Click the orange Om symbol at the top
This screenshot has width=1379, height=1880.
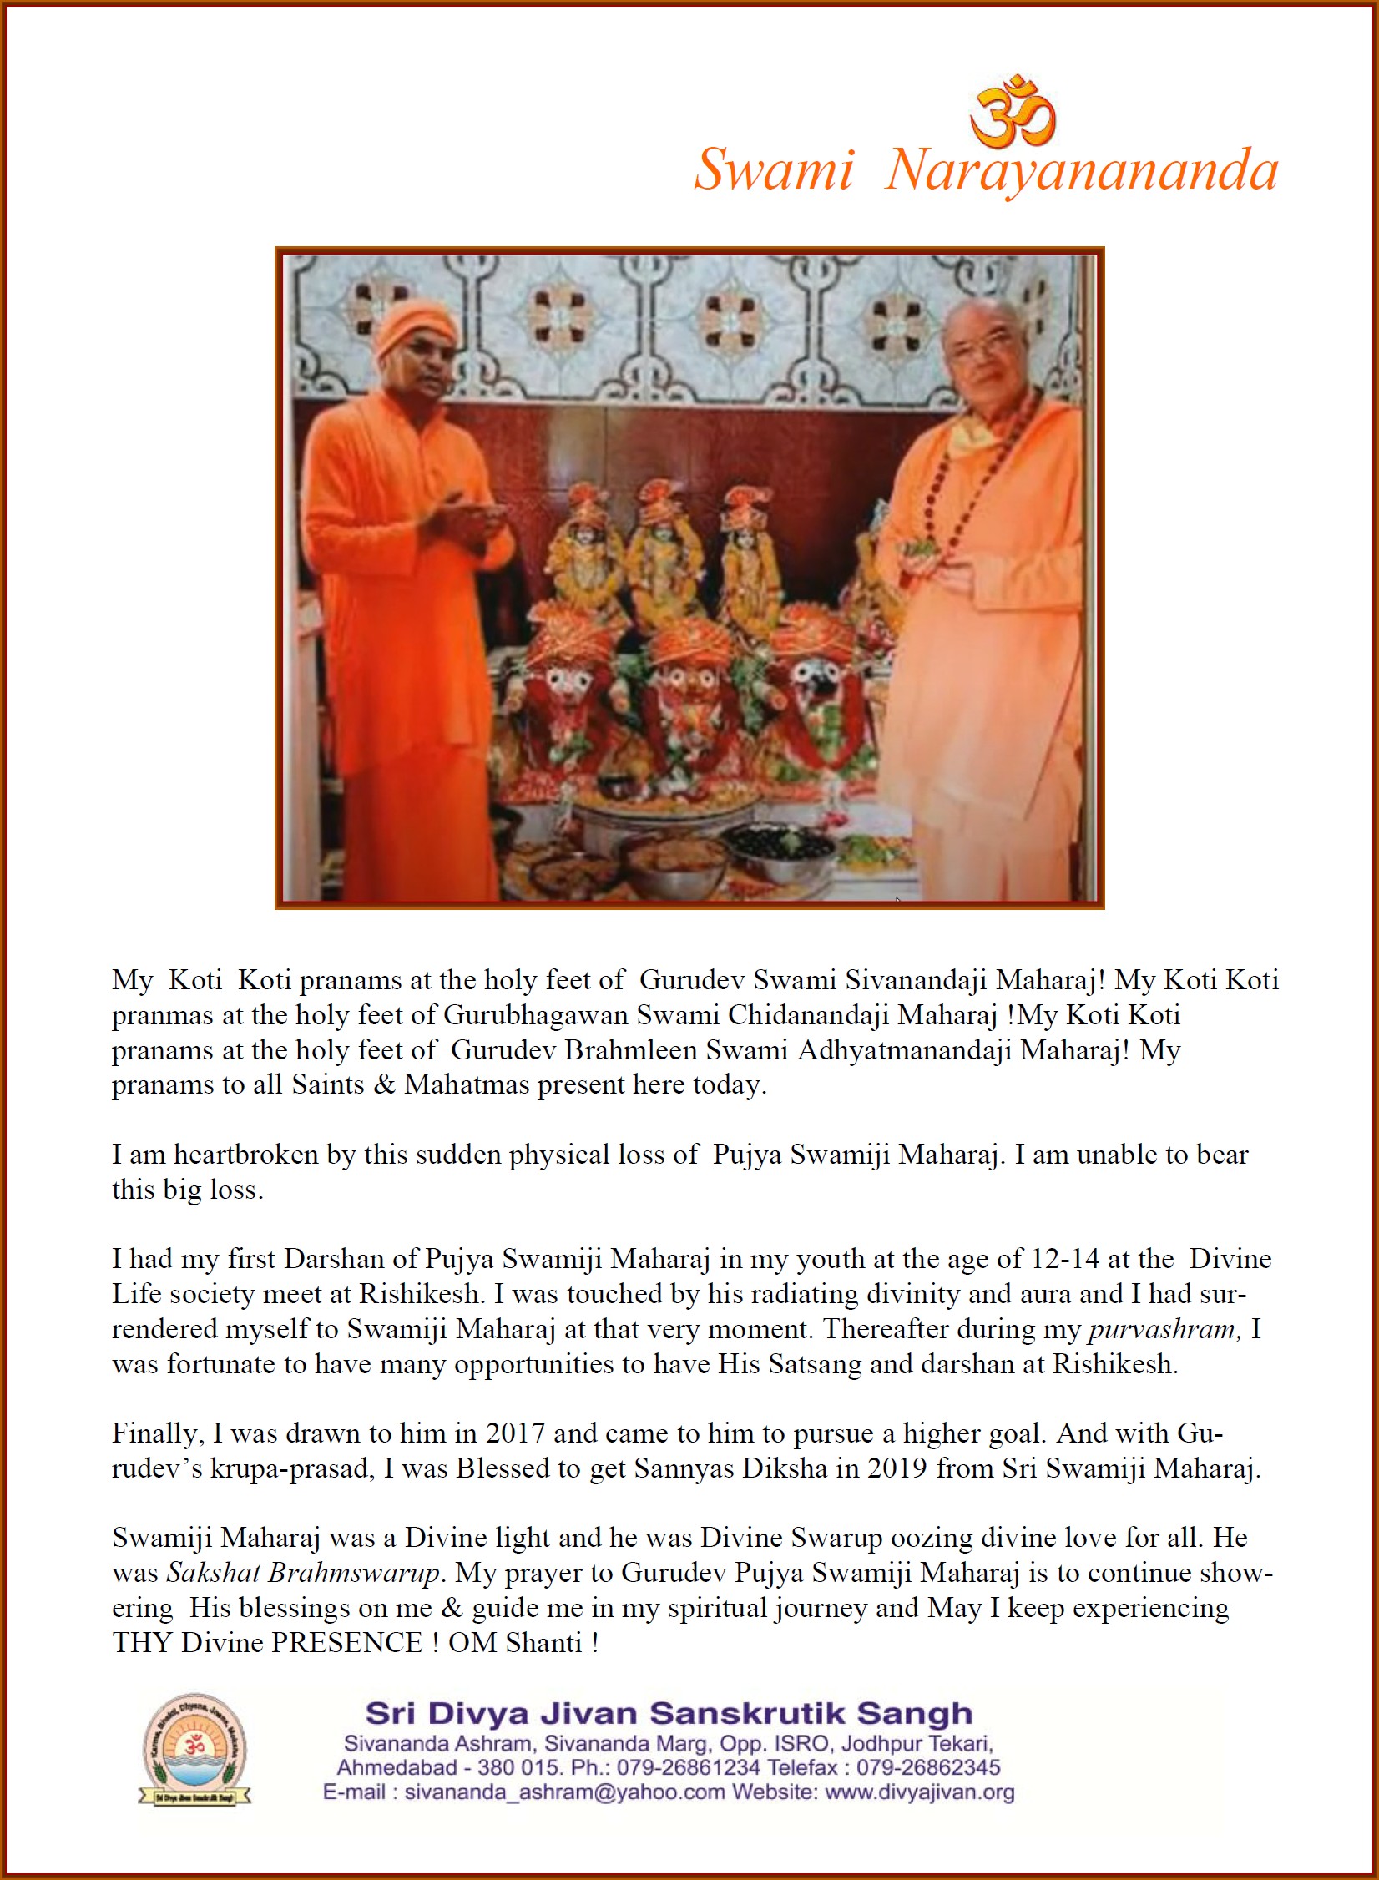point(1013,109)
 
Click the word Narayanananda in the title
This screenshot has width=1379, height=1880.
point(1082,170)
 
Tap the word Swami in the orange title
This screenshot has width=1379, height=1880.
point(774,170)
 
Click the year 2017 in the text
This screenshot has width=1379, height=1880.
point(516,1433)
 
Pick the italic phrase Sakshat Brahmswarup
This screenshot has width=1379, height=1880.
point(303,1573)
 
